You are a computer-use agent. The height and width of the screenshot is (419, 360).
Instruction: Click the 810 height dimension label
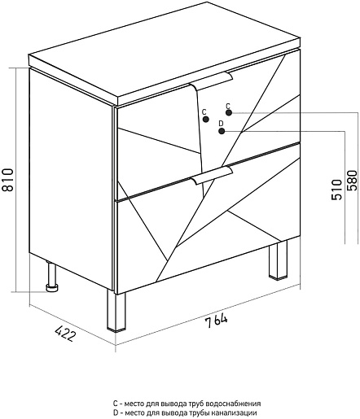(7, 180)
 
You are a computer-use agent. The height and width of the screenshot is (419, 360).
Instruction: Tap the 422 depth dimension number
(65, 334)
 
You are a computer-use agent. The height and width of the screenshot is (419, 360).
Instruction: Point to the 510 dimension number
(336, 190)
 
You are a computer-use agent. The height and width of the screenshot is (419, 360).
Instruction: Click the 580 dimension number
(353, 181)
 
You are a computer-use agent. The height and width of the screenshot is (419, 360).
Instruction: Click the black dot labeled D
(222, 131)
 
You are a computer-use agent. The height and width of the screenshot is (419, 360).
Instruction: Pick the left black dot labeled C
(206, 119)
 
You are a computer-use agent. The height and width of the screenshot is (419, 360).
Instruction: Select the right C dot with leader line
(229, 112)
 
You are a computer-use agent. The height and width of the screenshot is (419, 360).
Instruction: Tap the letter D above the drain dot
(221, 124)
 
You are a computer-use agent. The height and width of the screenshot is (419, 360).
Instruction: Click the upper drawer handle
(212, 82)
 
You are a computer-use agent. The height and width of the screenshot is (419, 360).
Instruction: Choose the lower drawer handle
(212, 177)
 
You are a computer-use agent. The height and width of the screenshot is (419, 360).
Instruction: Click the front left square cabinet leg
(116, 311)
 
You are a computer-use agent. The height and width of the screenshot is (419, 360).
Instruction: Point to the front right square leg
(278, 260)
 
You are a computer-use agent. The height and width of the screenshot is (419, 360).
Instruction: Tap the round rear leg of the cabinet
(51, 277)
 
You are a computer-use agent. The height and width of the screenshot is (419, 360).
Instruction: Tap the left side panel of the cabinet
(71, 177)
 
